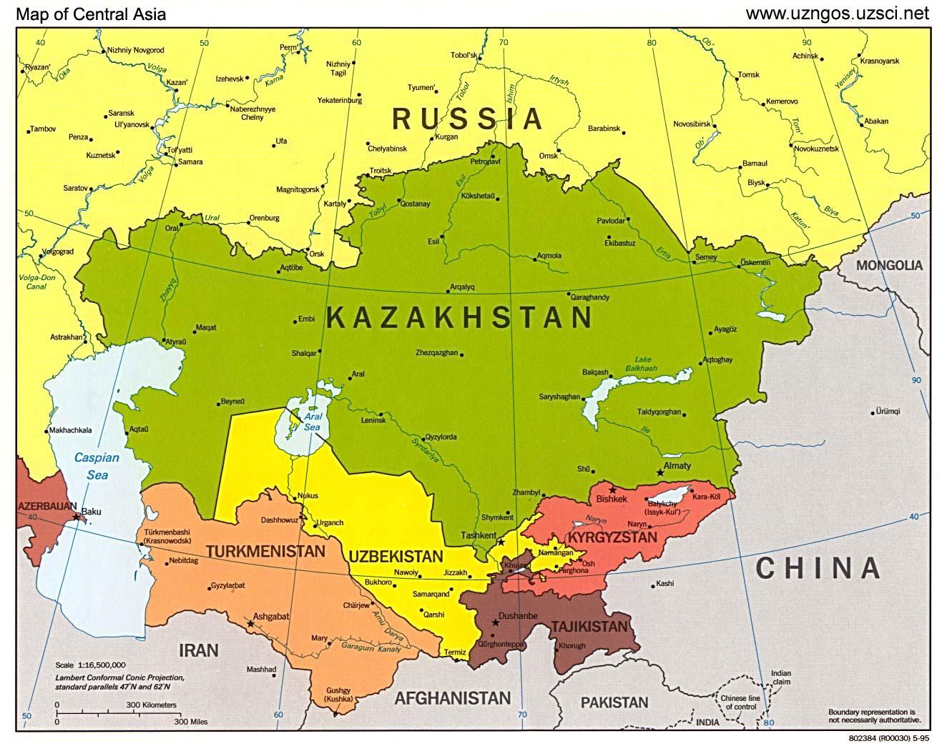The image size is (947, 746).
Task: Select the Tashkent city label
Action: [x=479, y=535]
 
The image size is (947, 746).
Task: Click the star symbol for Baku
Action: [x=77, y=517]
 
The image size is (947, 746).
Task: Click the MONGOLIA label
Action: [x=890, y=265]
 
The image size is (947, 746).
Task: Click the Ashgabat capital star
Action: [x=250, y=624]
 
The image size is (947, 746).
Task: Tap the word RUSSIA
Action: [x=468, y=119]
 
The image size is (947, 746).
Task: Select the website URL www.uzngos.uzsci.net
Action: [x=837, y=13]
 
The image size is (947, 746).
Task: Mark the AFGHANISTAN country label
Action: [x=453, y=698]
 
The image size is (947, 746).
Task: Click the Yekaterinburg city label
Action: [x=339, y=101]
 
